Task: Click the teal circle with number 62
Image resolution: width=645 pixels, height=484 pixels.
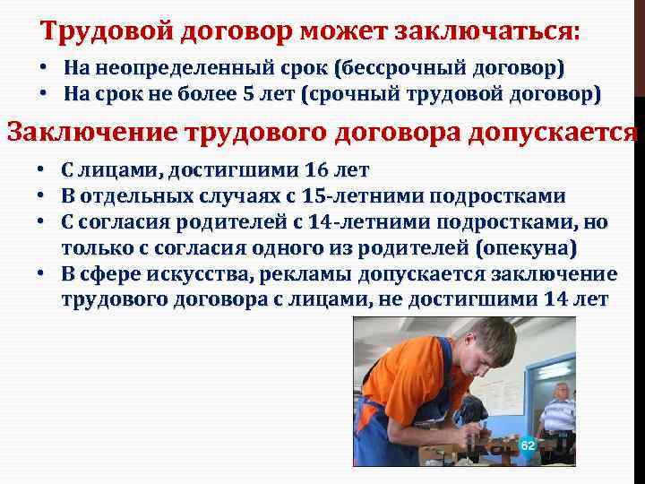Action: tap(527, 445)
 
